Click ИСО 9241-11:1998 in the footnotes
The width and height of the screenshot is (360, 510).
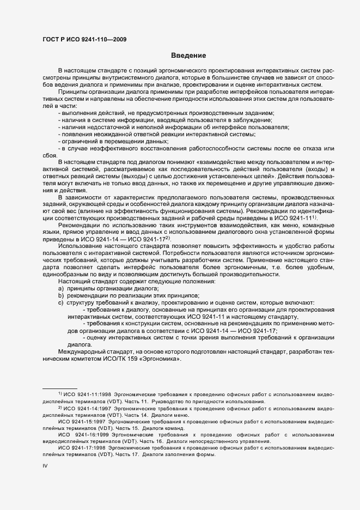point(83,393)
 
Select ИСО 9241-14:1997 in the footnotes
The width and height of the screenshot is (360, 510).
point(83,407)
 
